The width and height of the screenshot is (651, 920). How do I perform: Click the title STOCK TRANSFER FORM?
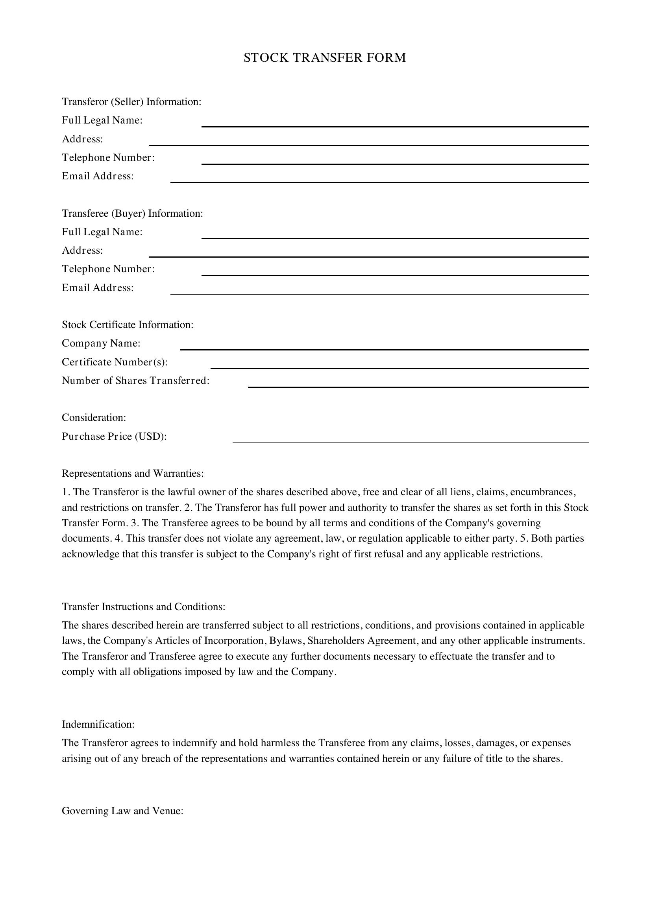click(x=325, y=58)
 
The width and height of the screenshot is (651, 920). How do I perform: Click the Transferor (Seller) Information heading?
click(x=131, y=102)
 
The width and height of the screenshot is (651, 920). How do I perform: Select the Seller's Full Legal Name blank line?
click(x=394, y=124)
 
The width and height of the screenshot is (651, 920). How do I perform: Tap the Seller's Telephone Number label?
click(x=108, y=157)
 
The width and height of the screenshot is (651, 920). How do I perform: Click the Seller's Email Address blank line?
click(x=379, y=179)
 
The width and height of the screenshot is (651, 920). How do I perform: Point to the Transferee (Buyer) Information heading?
click(x=132, y=213)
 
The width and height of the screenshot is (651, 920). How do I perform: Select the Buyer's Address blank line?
click(x=368, y=254)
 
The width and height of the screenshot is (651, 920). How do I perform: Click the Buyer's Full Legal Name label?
click(x=102, y=232)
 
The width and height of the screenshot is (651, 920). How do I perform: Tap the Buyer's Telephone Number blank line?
click(x=394, y=273)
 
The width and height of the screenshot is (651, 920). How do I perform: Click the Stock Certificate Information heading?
click(x=128, y=324)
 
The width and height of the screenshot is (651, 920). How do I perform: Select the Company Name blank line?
click(x=384, y=347)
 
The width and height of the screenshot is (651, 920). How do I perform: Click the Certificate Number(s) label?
click(x=115, y=362)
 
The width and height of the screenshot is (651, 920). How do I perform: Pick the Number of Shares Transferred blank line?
click(x=418, y=384)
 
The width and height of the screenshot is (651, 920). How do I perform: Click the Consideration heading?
click(x=94, y=418)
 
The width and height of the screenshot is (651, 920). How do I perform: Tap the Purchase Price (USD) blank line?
click(x=411, y=440)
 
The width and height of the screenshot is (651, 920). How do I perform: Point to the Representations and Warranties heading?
click(x=133, y=474)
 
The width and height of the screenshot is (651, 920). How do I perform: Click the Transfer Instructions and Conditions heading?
click(x=144, y=607)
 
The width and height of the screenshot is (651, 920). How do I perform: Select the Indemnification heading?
click(x=98, y=725)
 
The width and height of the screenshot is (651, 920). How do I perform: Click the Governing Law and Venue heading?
click(x=123, y=811)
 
